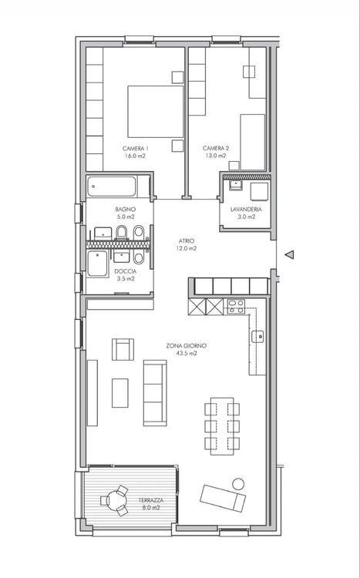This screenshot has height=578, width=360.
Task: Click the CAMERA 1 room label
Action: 136,149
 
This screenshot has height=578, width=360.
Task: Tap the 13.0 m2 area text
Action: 216,156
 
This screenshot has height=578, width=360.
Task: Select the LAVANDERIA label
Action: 246,209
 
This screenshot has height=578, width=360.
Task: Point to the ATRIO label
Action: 186,240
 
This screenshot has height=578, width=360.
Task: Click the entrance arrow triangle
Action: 290,254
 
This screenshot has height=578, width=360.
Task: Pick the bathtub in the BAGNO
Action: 112,187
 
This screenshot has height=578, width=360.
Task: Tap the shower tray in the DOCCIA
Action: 98,264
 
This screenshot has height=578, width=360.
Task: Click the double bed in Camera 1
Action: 155,112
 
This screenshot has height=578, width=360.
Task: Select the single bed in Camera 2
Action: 253,142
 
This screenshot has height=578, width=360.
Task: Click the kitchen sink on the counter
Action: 258,337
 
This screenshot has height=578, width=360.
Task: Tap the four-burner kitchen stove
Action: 236,306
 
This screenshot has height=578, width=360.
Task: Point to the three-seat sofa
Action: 155,393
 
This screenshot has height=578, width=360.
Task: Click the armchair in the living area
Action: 123,349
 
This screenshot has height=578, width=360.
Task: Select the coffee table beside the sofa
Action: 120,393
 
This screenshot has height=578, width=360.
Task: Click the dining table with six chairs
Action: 222,426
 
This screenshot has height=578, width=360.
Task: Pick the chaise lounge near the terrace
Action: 223,498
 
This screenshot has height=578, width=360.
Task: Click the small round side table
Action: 238,484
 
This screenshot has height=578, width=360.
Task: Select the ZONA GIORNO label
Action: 187,346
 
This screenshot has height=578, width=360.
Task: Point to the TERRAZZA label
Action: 151,500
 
